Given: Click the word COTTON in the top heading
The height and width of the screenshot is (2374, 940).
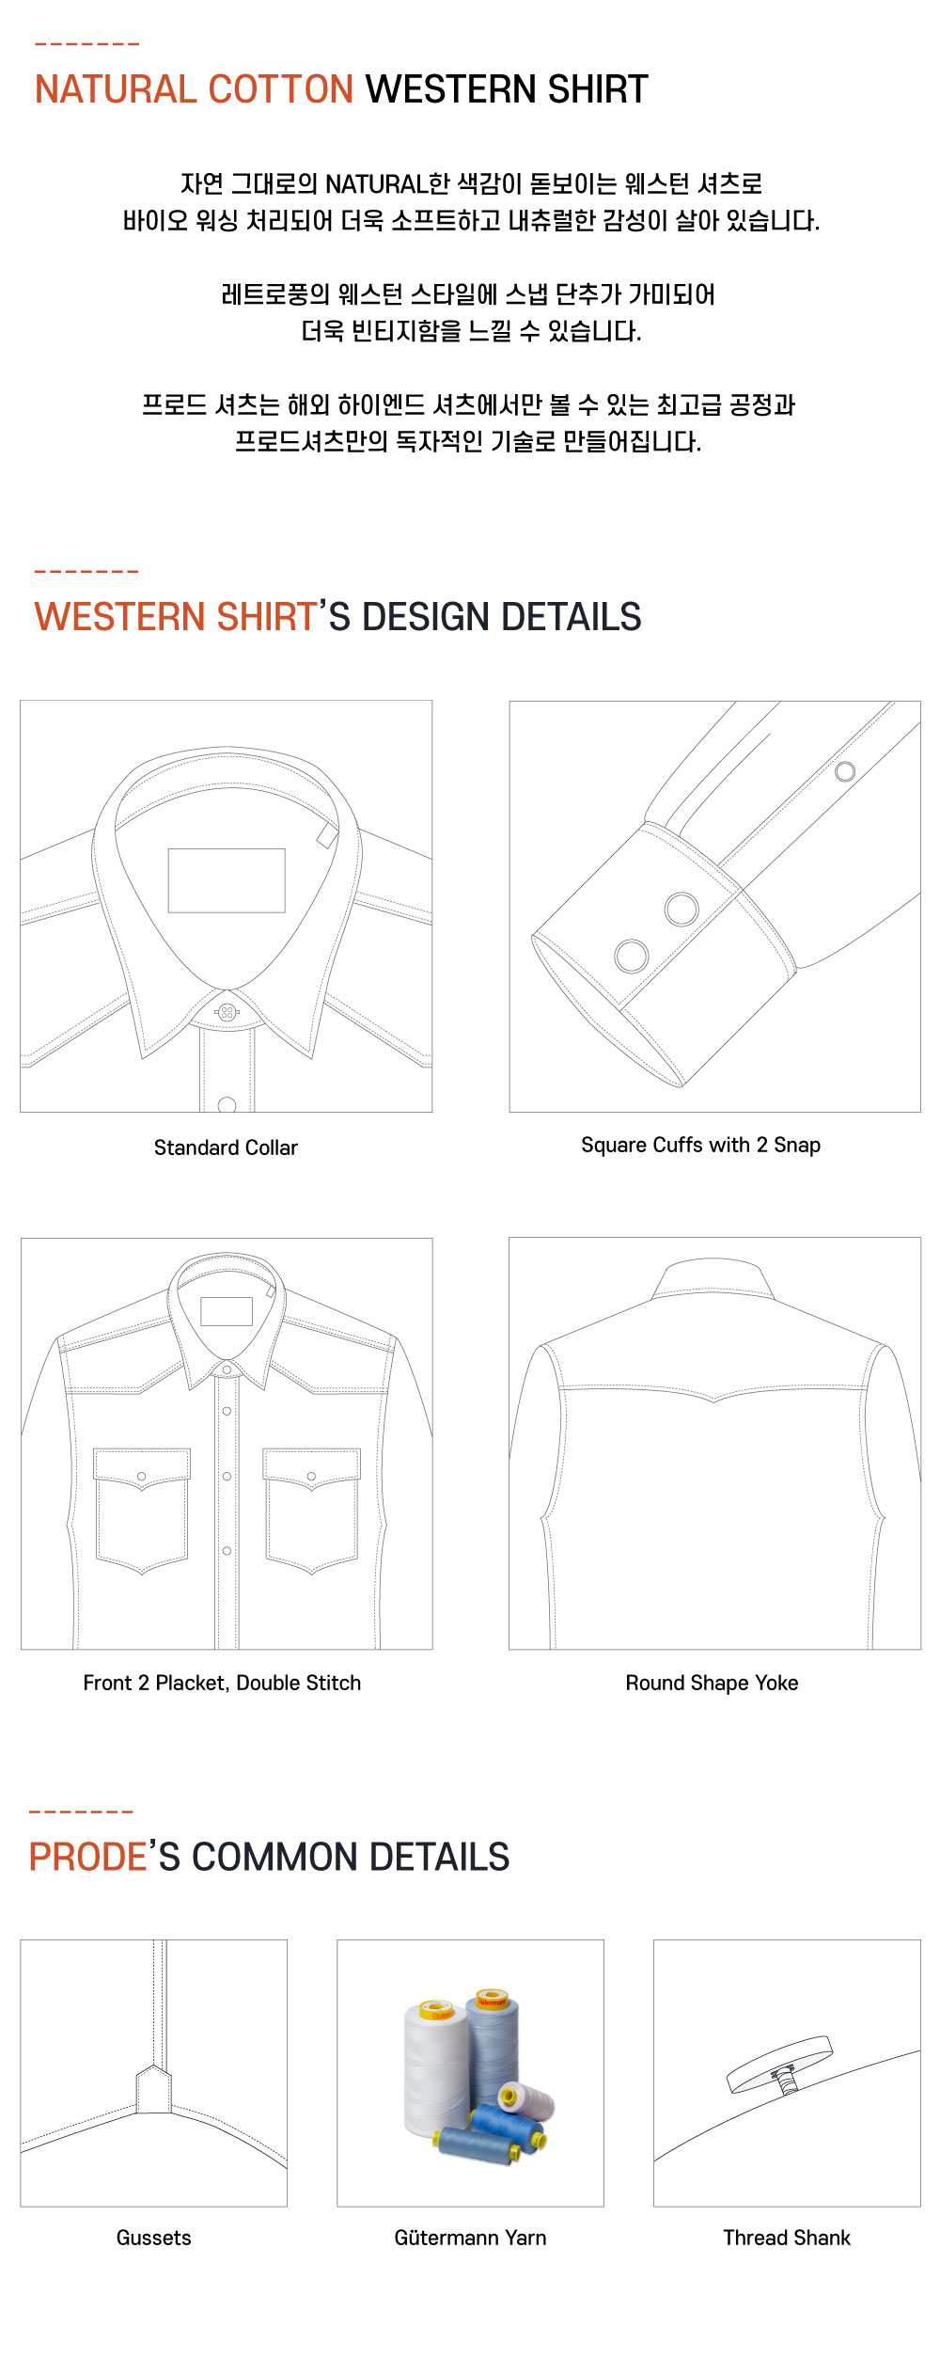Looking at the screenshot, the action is click(280, 89).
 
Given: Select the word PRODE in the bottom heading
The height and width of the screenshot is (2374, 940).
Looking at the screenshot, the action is click(87, 1857).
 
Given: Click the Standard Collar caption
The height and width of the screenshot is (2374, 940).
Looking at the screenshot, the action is click(226, 1147).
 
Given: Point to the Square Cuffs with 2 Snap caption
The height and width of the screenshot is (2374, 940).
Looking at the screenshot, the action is click(701, 1145).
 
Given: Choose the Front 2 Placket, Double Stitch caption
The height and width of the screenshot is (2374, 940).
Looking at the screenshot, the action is click(222, 1683).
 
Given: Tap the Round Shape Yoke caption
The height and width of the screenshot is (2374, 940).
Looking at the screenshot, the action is click(713, 1683).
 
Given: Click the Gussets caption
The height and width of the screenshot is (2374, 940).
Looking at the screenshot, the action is click(154, 2238).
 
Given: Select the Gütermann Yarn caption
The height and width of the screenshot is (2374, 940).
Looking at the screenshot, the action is click(470, 2238).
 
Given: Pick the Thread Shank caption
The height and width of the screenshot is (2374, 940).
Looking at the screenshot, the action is click(787, 2238).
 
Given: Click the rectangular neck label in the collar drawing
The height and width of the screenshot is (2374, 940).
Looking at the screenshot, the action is click(227, 880).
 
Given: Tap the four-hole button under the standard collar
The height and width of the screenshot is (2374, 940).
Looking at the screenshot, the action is click(227, 1012).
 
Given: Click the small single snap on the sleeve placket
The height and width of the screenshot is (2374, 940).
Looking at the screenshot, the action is click(845, 771).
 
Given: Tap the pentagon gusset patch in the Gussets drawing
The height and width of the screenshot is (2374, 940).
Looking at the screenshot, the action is click(154, 2090).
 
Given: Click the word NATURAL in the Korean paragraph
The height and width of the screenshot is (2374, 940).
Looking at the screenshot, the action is click(376, 184).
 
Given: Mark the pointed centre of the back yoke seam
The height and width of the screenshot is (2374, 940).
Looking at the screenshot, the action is click(714, 1401).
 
